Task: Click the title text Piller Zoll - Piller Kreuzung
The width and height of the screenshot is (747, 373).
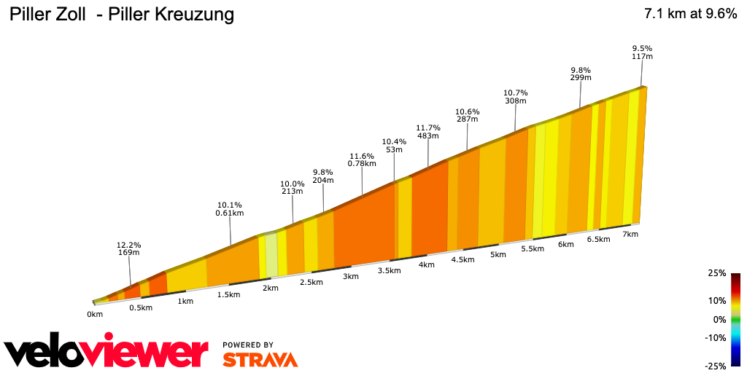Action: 121,15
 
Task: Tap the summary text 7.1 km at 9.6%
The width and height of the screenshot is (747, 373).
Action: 690,14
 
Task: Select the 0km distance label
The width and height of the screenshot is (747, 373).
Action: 95,314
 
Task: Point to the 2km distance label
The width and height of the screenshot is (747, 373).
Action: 271,288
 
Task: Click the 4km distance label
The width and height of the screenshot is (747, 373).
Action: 427,264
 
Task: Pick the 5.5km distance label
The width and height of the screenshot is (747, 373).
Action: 533,248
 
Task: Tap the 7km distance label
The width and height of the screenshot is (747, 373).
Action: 630,234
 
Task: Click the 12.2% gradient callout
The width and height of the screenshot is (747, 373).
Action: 129,248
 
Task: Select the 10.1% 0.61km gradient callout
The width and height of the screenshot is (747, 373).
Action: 229,209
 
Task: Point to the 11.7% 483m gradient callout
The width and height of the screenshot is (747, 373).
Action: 427,131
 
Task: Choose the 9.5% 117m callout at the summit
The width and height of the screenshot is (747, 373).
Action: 642,52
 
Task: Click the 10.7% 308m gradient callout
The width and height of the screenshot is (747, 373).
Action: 515,97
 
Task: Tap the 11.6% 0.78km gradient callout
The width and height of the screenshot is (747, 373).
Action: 362,160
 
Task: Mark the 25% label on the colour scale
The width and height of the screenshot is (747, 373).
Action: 717,273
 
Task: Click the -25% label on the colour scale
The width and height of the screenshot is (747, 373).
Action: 716,365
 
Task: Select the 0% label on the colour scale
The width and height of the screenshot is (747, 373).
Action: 719,319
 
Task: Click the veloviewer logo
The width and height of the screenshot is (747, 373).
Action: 106,353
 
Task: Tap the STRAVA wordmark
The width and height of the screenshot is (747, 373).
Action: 260,360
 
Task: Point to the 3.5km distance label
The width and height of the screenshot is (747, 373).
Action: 389,270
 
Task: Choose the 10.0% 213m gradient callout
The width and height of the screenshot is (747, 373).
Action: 292,187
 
